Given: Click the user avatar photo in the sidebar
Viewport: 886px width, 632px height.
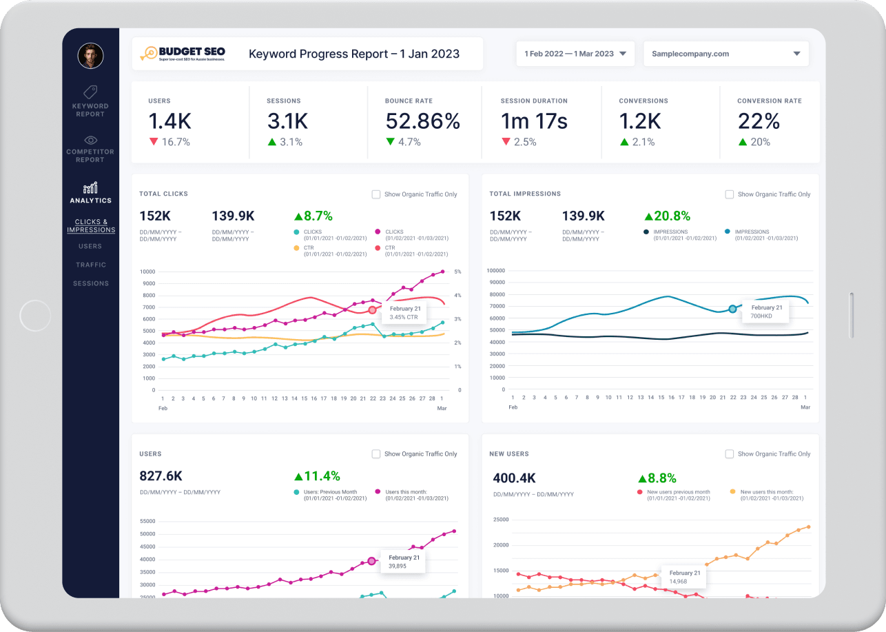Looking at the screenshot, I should (x=90, y=56).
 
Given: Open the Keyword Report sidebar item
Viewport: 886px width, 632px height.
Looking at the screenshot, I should (x=90, y=101).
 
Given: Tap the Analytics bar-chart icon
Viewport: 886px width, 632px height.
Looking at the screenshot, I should (x=90, y=188).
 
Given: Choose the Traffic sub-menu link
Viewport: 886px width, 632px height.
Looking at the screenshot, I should (x=91, y=265).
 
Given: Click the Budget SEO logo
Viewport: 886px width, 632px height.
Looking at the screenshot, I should (x=183, y=54).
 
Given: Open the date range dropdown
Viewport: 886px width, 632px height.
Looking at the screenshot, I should (x=575, y=54).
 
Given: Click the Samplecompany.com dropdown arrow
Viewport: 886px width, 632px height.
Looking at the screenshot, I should (x=796, y=54).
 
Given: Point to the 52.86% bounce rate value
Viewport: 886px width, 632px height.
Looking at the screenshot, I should (x=422, y=121).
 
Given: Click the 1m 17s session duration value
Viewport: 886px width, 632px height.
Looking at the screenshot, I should (x=534, y=121).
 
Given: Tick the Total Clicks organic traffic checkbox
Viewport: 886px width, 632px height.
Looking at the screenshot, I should (x=376, y=194).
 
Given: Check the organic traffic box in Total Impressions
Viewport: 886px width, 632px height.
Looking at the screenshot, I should (x=730, y=194).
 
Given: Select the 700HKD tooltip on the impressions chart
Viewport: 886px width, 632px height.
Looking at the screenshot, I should (x=763, y=312).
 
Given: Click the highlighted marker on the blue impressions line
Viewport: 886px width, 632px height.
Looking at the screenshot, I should (x=732, y=309).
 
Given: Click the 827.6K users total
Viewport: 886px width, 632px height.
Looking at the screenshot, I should (x=161, y=476).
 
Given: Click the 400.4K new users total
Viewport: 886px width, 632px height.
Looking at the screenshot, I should (x=515, y=478).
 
